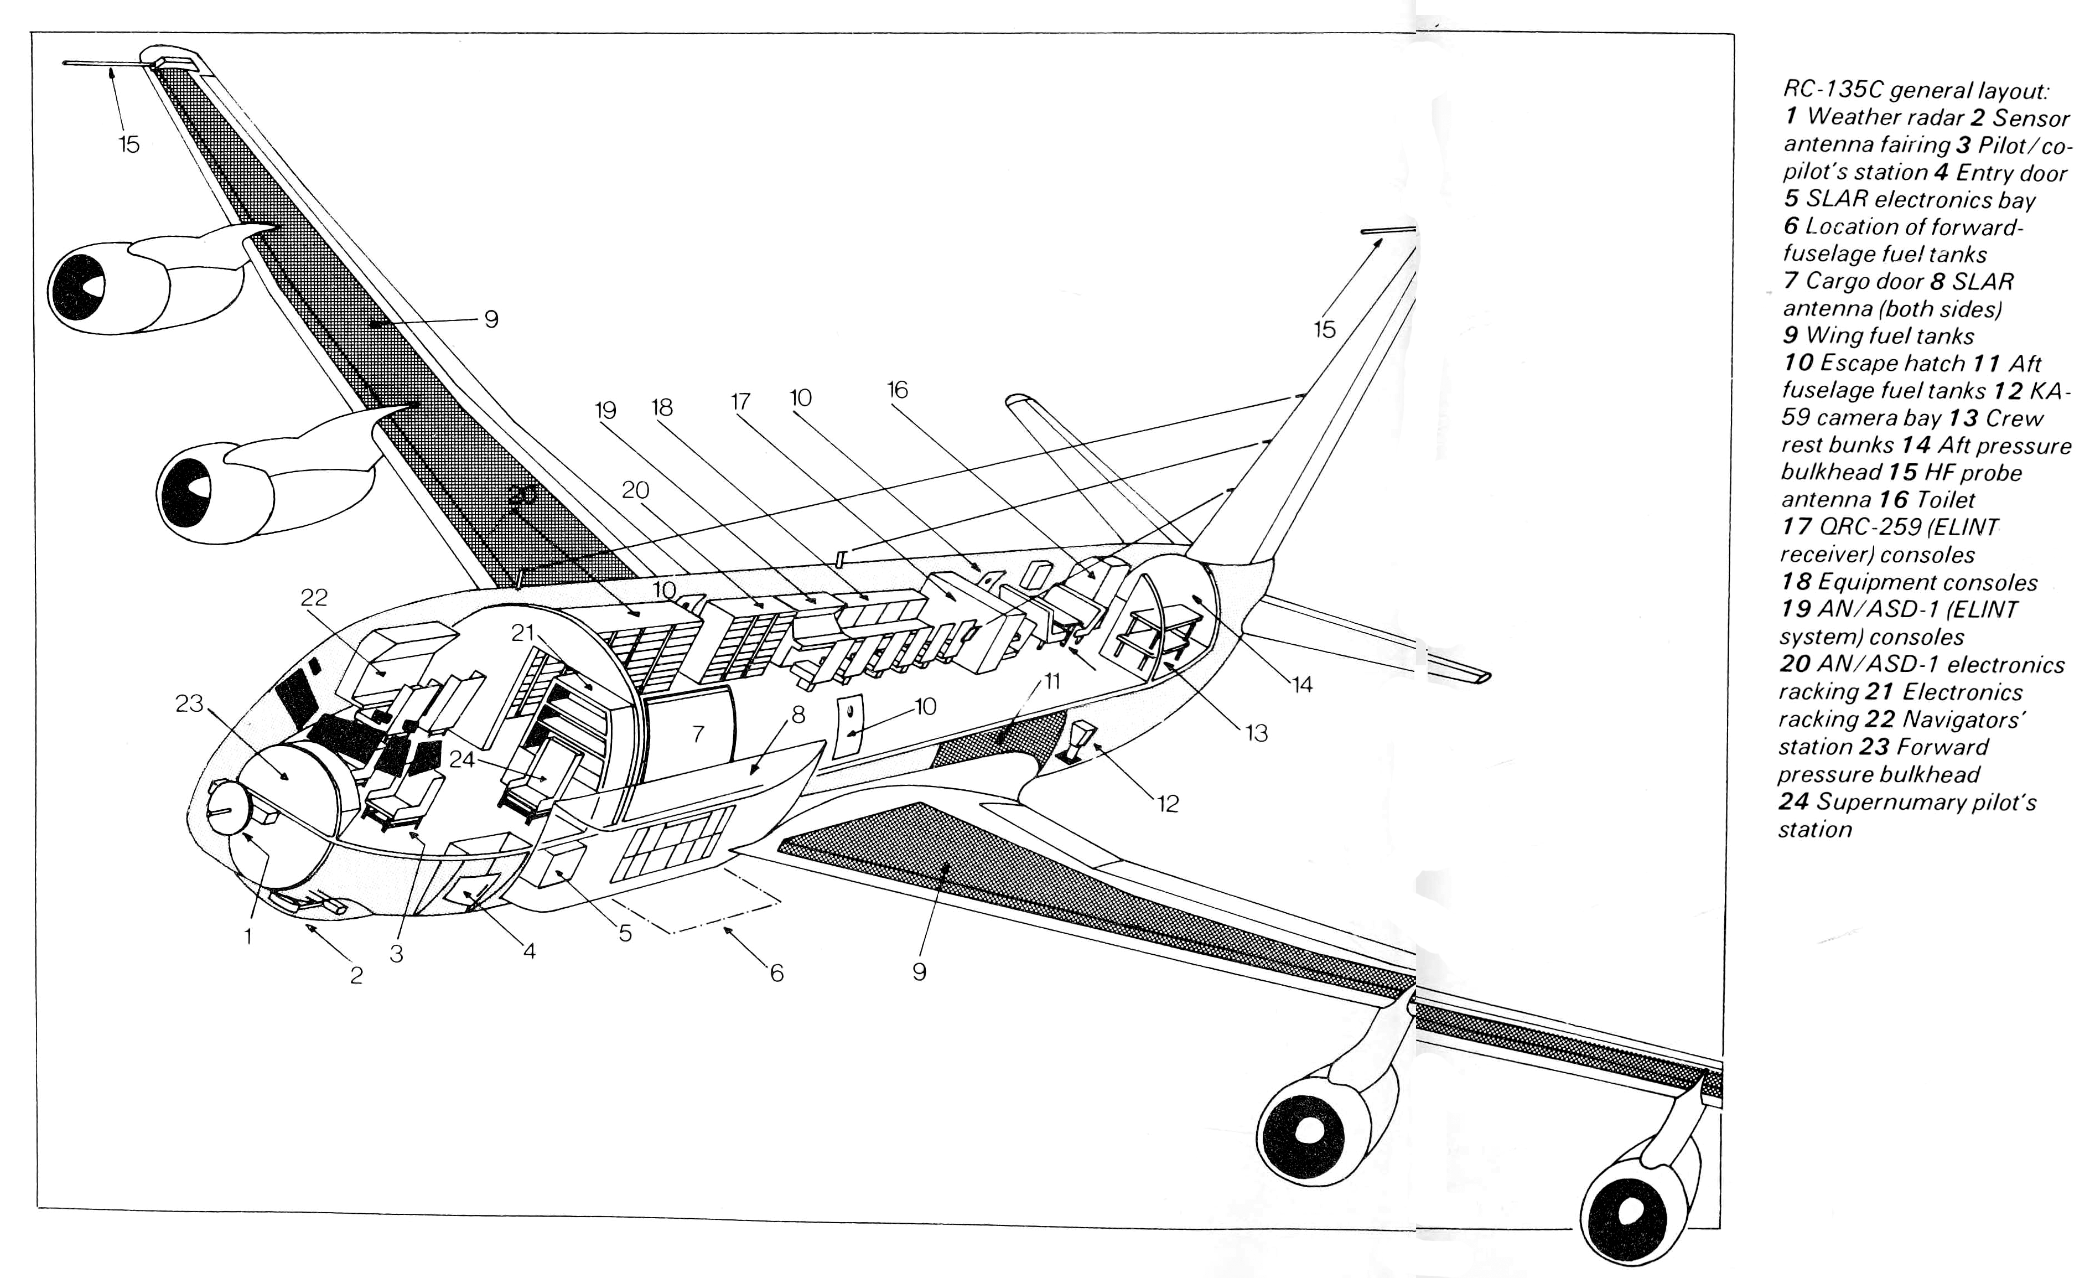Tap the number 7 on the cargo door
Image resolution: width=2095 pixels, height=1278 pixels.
click(698, 734)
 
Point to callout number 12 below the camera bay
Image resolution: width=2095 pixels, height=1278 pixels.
click(1168, 804)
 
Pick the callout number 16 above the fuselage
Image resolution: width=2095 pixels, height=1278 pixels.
click(898, 390)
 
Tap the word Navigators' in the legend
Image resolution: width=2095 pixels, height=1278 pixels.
click(1963, 720)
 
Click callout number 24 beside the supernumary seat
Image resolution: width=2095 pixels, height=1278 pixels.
click(461, 759)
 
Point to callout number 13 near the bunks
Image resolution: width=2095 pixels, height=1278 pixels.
click(1257, 733)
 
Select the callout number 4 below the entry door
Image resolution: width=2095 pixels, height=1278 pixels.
click(529, 951)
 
